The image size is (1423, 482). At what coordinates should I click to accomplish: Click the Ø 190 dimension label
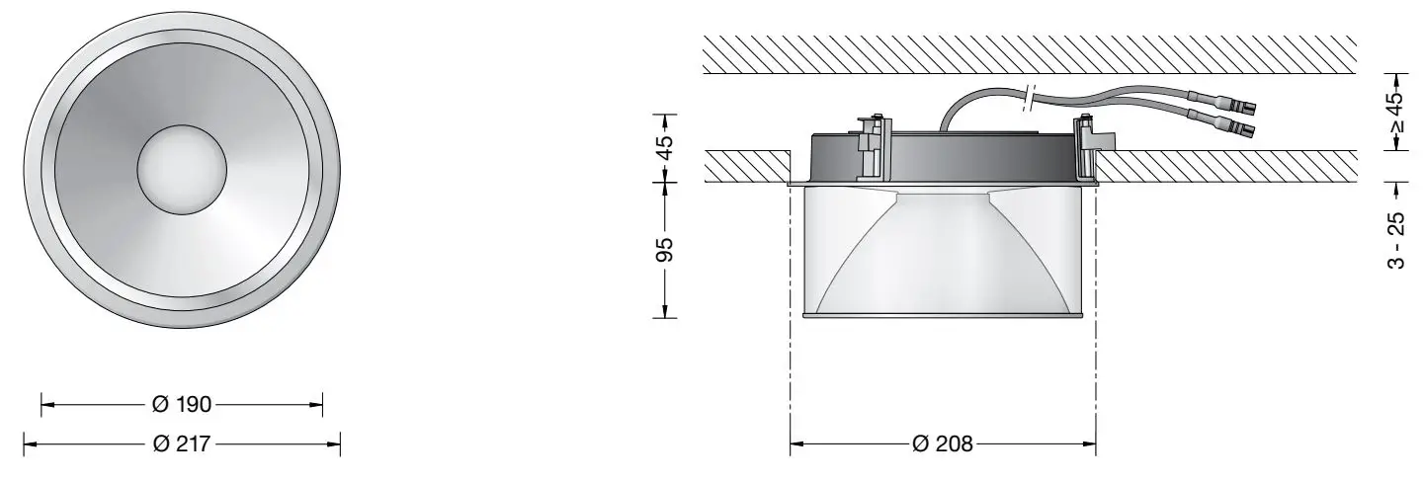coord(182,404)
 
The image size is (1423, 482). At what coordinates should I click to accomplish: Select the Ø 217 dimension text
coord(182,444)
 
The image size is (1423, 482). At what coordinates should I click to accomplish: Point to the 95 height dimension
coord(666,249)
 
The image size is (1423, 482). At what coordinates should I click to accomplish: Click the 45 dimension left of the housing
coord(666,147)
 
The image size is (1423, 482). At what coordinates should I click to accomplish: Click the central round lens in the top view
coord(182,170)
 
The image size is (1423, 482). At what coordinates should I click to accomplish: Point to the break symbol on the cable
coord(1030,97)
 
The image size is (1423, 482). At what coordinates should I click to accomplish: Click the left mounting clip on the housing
coord(873,143)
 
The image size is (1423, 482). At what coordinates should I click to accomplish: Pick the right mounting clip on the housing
coord(1087,143)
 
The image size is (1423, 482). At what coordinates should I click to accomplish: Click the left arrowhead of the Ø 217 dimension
coord(28,444)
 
